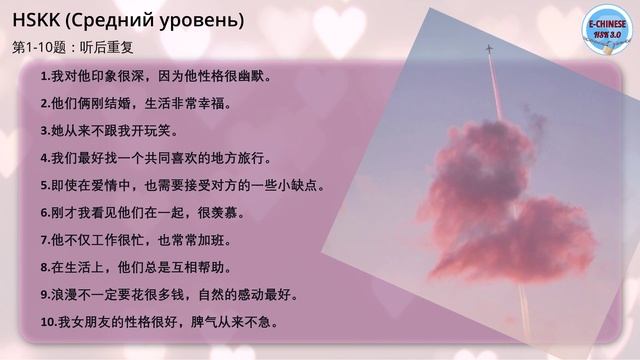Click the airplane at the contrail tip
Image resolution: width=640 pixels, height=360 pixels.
pos(489,47)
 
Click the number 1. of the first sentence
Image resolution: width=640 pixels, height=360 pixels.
pos(45,76)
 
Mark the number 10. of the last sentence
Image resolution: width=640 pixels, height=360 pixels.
pos(49,323)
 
